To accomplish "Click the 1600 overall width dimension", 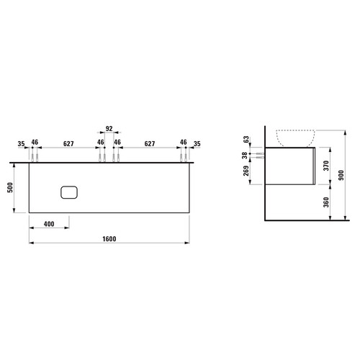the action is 109,239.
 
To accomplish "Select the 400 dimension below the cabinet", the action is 49,224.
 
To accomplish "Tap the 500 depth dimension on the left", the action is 10,187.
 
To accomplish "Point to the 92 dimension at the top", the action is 109,129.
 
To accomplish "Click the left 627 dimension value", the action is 68,144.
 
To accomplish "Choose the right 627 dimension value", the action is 150,144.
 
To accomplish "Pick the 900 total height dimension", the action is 341,175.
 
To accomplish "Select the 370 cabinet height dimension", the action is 326,166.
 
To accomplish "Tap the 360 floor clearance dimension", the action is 326,202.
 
